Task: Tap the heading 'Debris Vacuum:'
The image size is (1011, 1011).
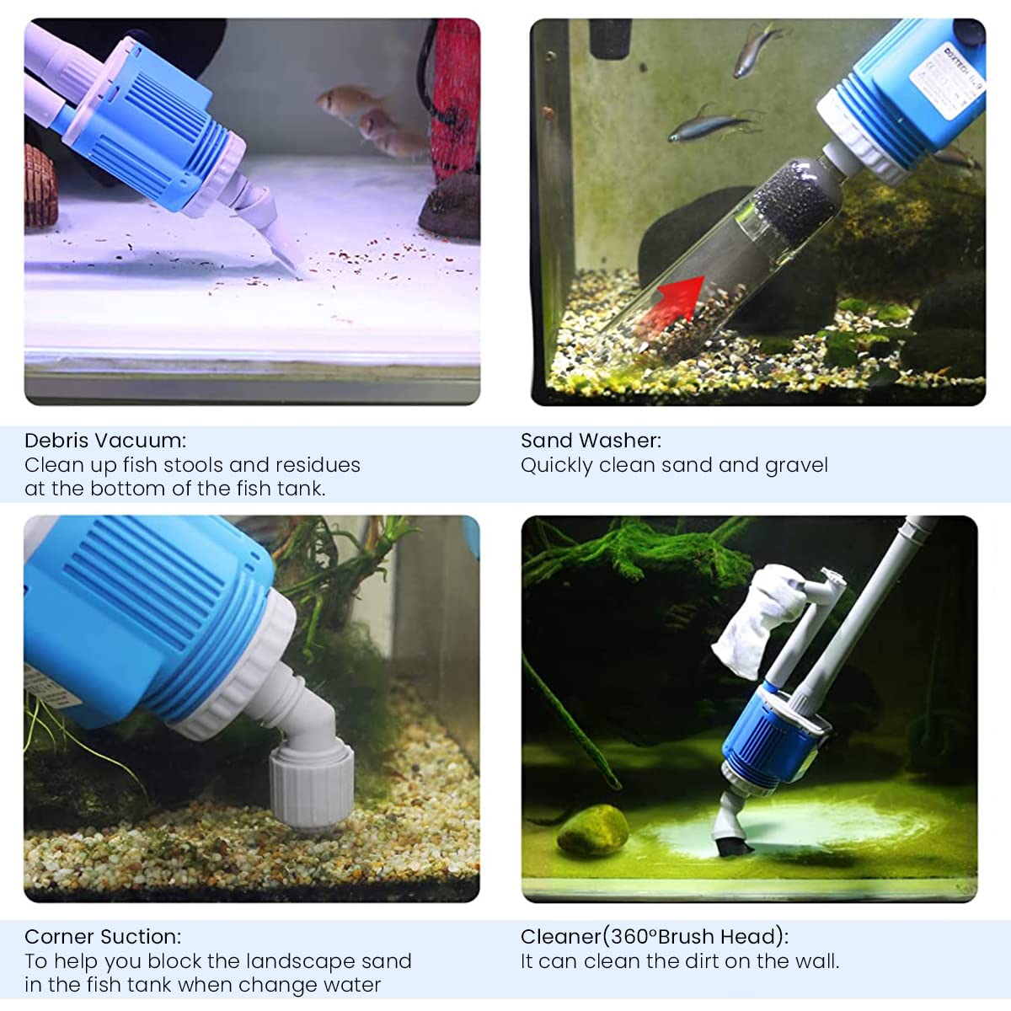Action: coord(105,440)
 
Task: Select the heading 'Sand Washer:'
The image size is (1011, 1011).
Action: coord(591,440)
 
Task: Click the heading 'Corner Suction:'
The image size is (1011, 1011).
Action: coord(102,936)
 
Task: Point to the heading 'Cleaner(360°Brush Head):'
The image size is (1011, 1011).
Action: coord(655,936)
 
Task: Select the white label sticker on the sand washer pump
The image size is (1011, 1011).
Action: coord(945,80)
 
